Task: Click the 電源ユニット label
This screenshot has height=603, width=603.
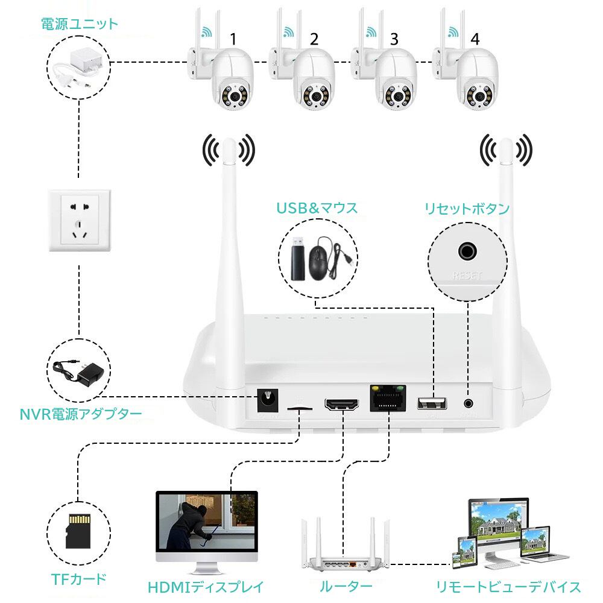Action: coord(79,25)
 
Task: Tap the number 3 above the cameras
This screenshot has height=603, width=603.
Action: coord(394,40)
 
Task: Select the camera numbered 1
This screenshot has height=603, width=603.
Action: coord(229,81)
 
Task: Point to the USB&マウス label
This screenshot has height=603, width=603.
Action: coord(317,209)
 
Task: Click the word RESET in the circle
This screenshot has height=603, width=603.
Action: coord(467,277)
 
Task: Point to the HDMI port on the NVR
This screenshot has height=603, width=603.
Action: coord(341,403)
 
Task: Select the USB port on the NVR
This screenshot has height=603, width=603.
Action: coord(432,403)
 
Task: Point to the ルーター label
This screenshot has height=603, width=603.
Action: coord(346,586)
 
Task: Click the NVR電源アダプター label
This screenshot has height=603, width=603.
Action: coord(81,414)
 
